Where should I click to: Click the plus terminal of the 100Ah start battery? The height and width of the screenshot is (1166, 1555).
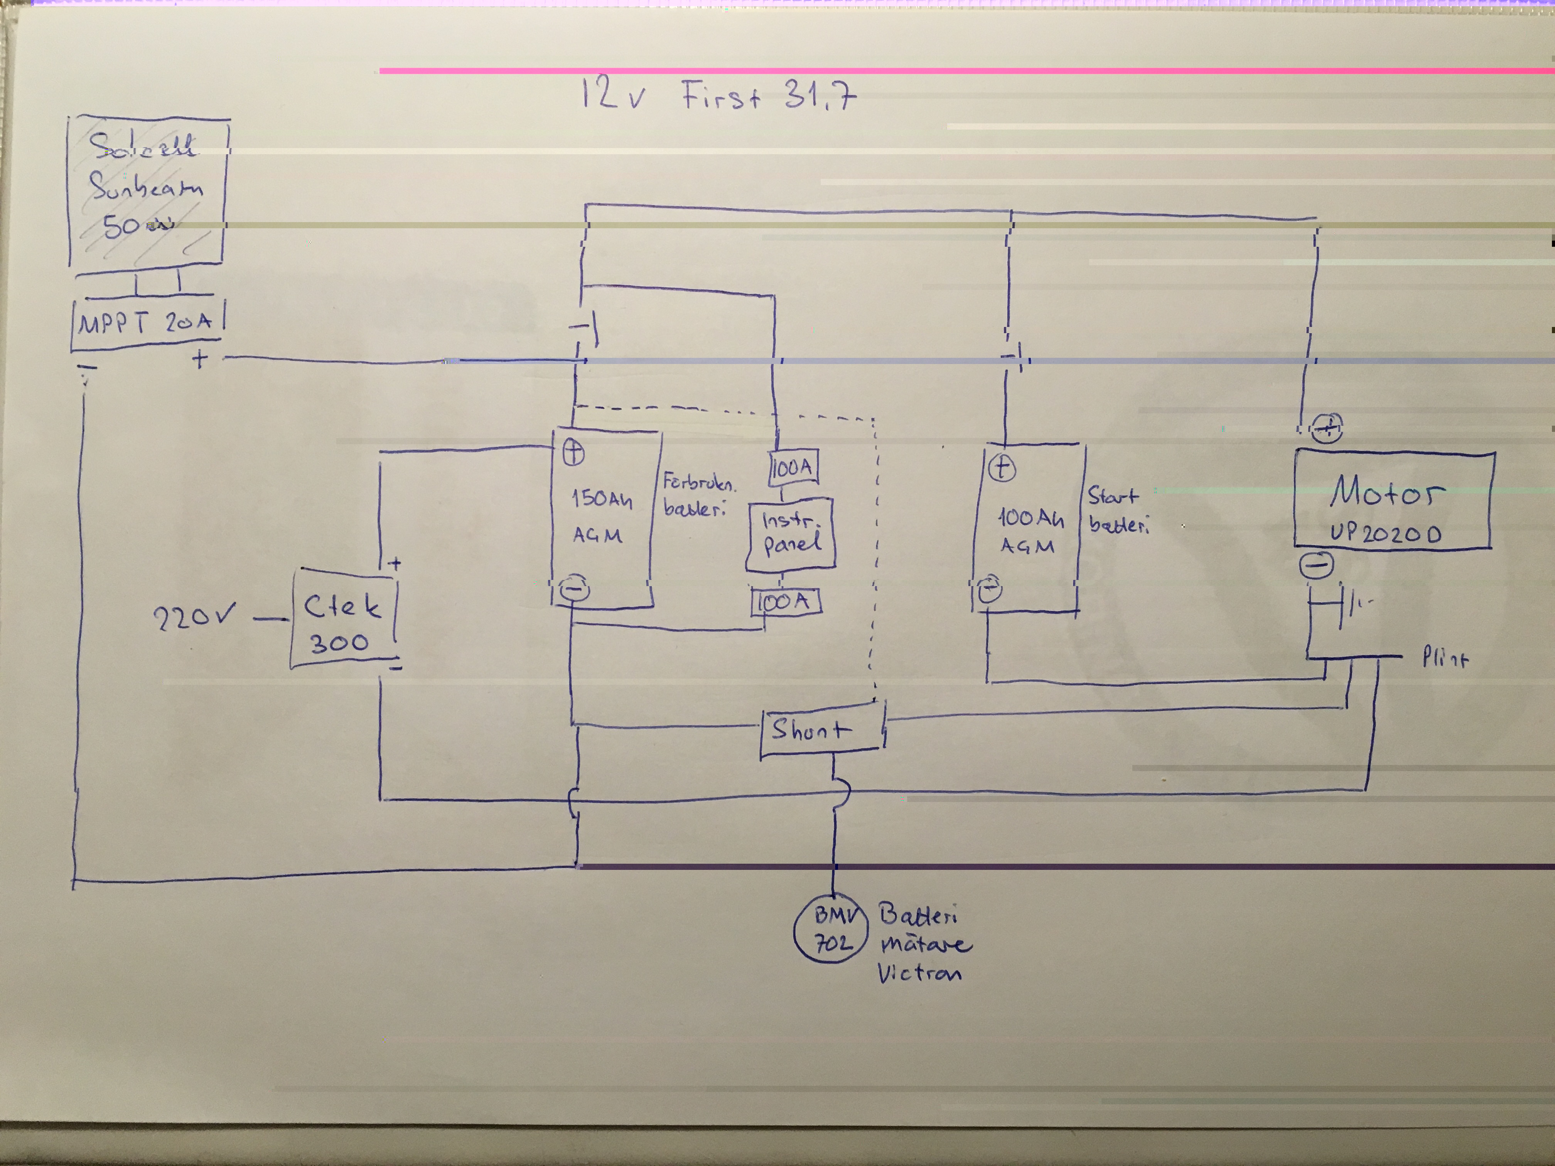coord(1002,467)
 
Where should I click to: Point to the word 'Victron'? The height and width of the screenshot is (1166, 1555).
coord(919,974)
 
